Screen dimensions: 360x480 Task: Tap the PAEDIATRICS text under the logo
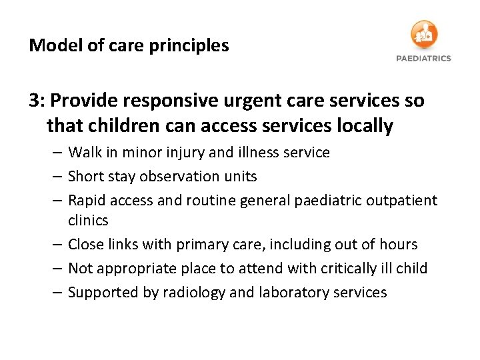point(423,58)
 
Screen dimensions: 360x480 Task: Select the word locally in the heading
point(365,125)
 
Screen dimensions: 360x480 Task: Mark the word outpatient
point(405,201)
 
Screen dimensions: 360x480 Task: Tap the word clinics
point(88,219)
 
